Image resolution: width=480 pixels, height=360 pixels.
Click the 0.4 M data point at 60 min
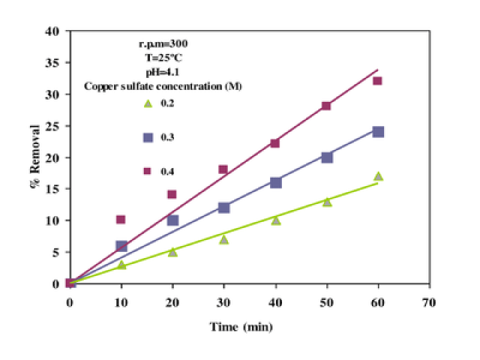point(377,81)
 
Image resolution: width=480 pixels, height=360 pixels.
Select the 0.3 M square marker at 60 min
point(378,132)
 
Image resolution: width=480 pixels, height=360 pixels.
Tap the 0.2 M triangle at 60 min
point(378,176)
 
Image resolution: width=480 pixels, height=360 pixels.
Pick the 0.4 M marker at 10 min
point(121,220)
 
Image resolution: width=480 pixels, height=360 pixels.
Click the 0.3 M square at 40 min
point(275,182)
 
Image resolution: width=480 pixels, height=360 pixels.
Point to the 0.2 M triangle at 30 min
point(223,239)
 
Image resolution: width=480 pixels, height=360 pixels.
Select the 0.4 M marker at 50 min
point(326,106)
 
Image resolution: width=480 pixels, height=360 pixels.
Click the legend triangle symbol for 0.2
point(148,103)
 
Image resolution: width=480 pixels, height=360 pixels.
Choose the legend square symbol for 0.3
point(148,137)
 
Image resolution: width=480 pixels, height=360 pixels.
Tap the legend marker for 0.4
point(148,172)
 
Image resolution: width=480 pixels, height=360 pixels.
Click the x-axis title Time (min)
point(241,328)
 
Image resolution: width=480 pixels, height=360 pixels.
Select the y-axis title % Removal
point(35,158)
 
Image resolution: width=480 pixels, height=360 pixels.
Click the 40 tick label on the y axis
point(52,31)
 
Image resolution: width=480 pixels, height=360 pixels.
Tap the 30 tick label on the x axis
point(223,302)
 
